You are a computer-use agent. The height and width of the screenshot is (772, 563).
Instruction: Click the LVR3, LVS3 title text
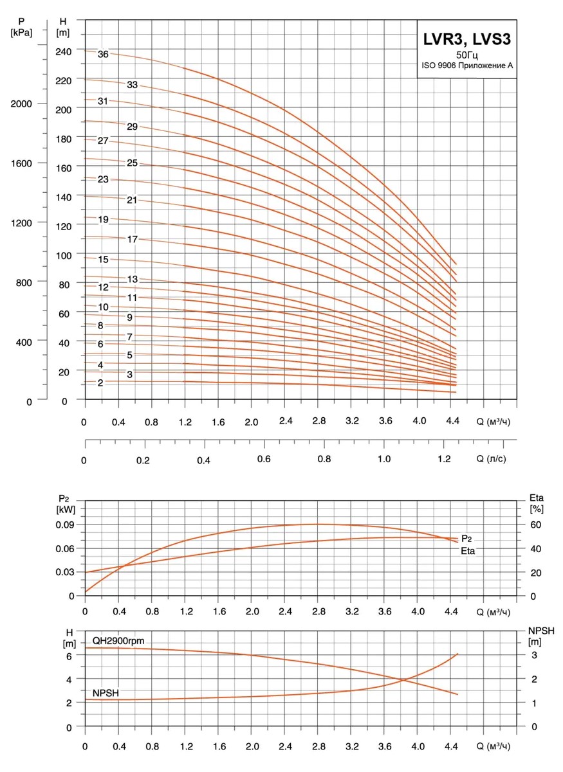466,39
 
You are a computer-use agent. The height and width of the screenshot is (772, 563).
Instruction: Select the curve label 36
103,55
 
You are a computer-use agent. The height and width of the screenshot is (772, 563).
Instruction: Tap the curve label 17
133,239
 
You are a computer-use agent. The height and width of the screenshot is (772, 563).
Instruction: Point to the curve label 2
100,382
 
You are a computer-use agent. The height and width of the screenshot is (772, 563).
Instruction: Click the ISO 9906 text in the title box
466,66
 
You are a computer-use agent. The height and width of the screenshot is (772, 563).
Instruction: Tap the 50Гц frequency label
466,55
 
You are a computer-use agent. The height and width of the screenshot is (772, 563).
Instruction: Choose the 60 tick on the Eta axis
535,525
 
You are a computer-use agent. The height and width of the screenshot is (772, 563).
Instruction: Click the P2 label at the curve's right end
468,538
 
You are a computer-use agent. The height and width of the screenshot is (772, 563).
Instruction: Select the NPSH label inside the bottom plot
106,692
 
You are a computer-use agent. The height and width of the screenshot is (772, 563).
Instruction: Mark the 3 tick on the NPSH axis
533,655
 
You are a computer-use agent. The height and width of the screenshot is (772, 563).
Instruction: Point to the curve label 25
133,163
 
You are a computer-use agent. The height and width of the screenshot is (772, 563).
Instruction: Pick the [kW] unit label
66,509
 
